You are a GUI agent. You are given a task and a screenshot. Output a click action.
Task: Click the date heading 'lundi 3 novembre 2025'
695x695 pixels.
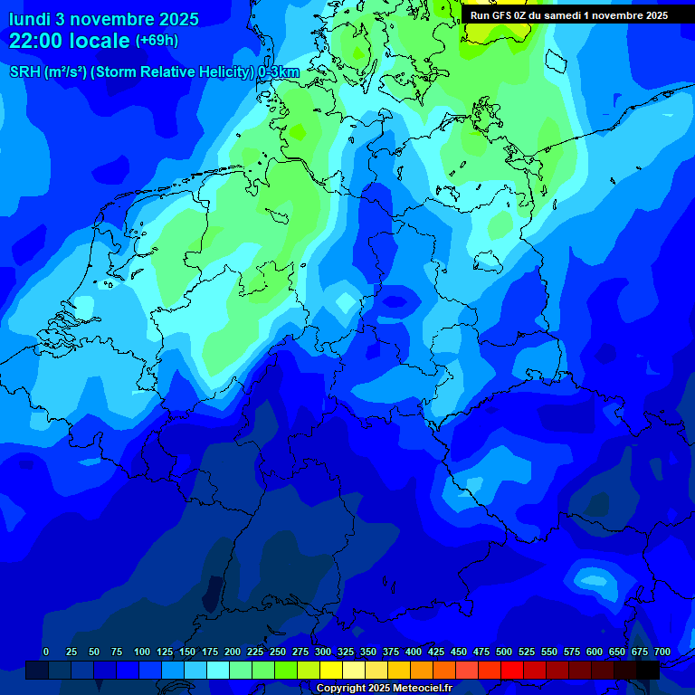(106, 18)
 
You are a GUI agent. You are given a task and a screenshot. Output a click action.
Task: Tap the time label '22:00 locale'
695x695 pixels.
(70, 41)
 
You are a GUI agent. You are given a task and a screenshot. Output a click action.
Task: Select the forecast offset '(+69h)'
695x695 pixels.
(157, 41)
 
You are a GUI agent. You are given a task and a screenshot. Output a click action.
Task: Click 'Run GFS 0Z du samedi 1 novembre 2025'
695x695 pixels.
(568, 15)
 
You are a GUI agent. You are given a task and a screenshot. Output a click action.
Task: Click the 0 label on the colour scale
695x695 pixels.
(46, 652)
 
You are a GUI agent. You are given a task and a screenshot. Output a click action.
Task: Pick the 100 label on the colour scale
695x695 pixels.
(142, 652)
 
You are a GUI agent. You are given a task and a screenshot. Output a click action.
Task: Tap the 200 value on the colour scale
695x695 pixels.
(233, 652)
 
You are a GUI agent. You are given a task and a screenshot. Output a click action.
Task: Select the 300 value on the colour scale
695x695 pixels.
(323, 652)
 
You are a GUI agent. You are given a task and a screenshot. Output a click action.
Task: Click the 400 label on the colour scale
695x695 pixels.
(414, 652)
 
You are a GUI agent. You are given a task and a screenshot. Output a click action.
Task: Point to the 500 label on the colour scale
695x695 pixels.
(504, 652)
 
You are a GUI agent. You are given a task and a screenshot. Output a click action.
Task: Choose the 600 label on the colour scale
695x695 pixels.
(595, 652)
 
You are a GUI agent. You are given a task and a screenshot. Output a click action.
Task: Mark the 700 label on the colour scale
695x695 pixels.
(662, 652)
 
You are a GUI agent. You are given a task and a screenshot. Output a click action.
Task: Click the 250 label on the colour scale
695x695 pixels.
(278, 652)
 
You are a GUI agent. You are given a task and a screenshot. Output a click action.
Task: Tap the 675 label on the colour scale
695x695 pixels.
(640, 652)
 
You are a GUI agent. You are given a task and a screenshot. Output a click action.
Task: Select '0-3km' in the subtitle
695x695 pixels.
(278, 72)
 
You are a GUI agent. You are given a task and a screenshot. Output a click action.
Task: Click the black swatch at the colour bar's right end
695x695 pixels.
(648, 670)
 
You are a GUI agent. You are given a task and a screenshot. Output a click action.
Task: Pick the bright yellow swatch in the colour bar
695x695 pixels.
(331, 670)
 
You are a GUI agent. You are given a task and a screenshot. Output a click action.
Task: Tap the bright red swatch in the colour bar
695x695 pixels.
(512, 670)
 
